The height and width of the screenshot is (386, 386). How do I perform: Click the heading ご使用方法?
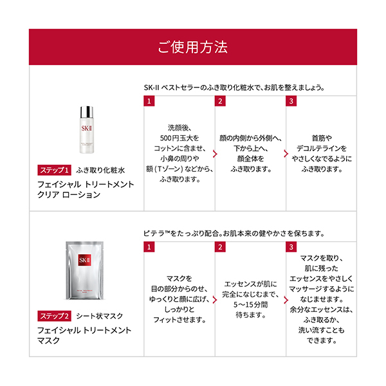[x=192, y=48]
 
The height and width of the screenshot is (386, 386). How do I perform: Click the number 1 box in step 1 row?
[x=149, y=102]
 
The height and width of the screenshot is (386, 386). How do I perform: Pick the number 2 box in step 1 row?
[x=221, y=102]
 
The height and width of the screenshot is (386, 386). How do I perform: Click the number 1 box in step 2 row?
[x=149, y=247]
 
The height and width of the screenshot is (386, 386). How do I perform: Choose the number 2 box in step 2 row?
[x=221, y=247]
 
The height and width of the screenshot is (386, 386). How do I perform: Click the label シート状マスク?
[x=100, y=316]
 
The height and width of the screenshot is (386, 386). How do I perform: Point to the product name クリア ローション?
[x=69, y=195]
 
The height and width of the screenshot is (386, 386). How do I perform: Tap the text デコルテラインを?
[x=322, y=147]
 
